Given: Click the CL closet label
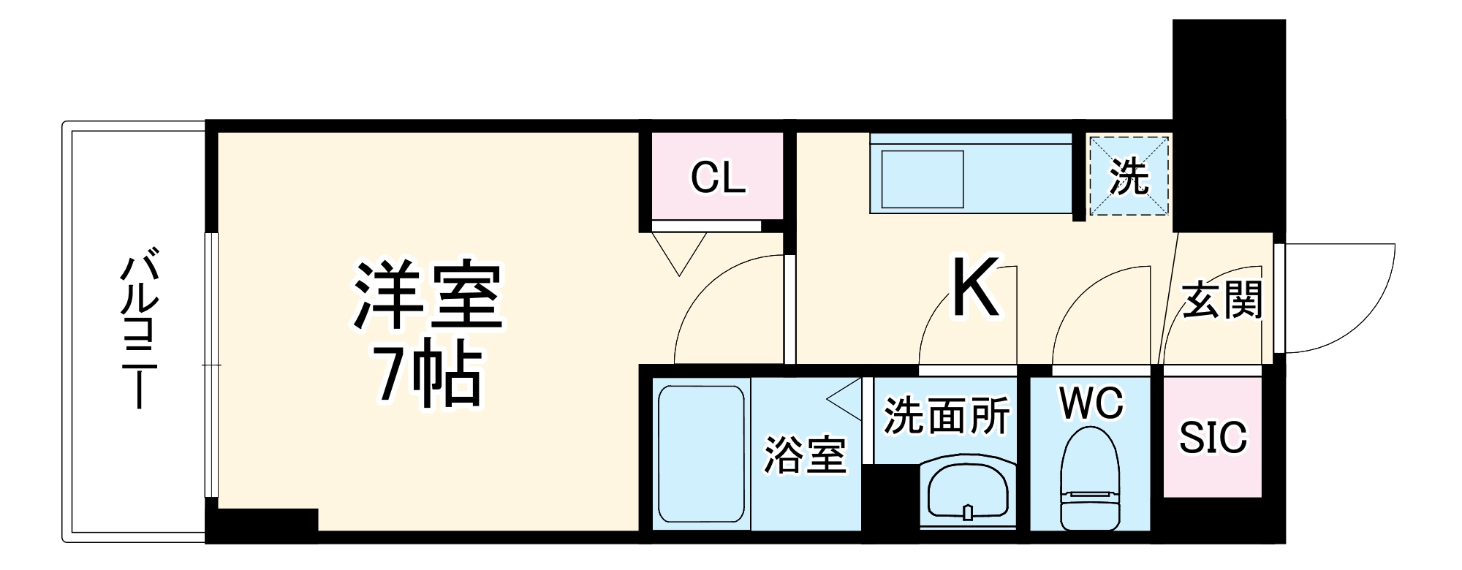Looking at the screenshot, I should tap(718, 178).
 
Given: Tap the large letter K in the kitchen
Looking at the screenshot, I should tap(975, 288).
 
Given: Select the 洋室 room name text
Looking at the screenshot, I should tap(428, 296).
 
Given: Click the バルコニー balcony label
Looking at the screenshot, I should tap(139, 329).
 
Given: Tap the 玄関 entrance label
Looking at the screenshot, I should tap(1222, 300).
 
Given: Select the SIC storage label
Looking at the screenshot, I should tap(1213, 438).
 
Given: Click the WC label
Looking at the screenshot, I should tap(1091, 403).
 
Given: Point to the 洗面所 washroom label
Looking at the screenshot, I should tap(947, 415).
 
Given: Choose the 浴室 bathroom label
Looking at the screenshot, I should tap(805, 455).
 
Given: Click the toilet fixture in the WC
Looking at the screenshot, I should tap(1090, 479).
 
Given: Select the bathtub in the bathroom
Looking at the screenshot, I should tap(700, 454).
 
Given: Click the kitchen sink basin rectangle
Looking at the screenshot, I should tap(923, 180).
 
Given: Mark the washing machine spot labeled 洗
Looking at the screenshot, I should tap(1129, 176).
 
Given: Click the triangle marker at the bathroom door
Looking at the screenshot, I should tap(846, 400).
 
